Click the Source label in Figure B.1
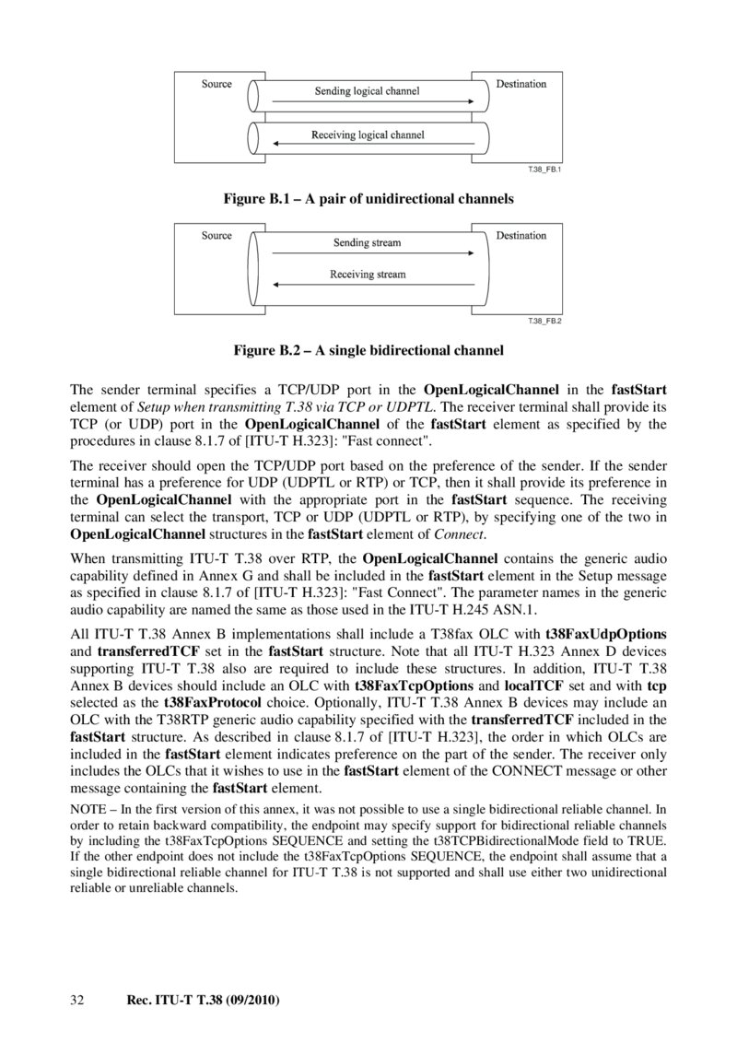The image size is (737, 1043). click(x=216, y=85)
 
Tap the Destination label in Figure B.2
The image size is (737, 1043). click(x=521, y=236)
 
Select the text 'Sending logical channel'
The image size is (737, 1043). click(x=367, y=91)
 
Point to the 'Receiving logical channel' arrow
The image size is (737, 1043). click(x=368, y=144)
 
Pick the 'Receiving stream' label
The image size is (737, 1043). click(x=368, y=274)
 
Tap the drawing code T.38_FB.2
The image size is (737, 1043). click(x=544, y=321)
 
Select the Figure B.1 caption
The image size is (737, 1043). click(x=368, y=198)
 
